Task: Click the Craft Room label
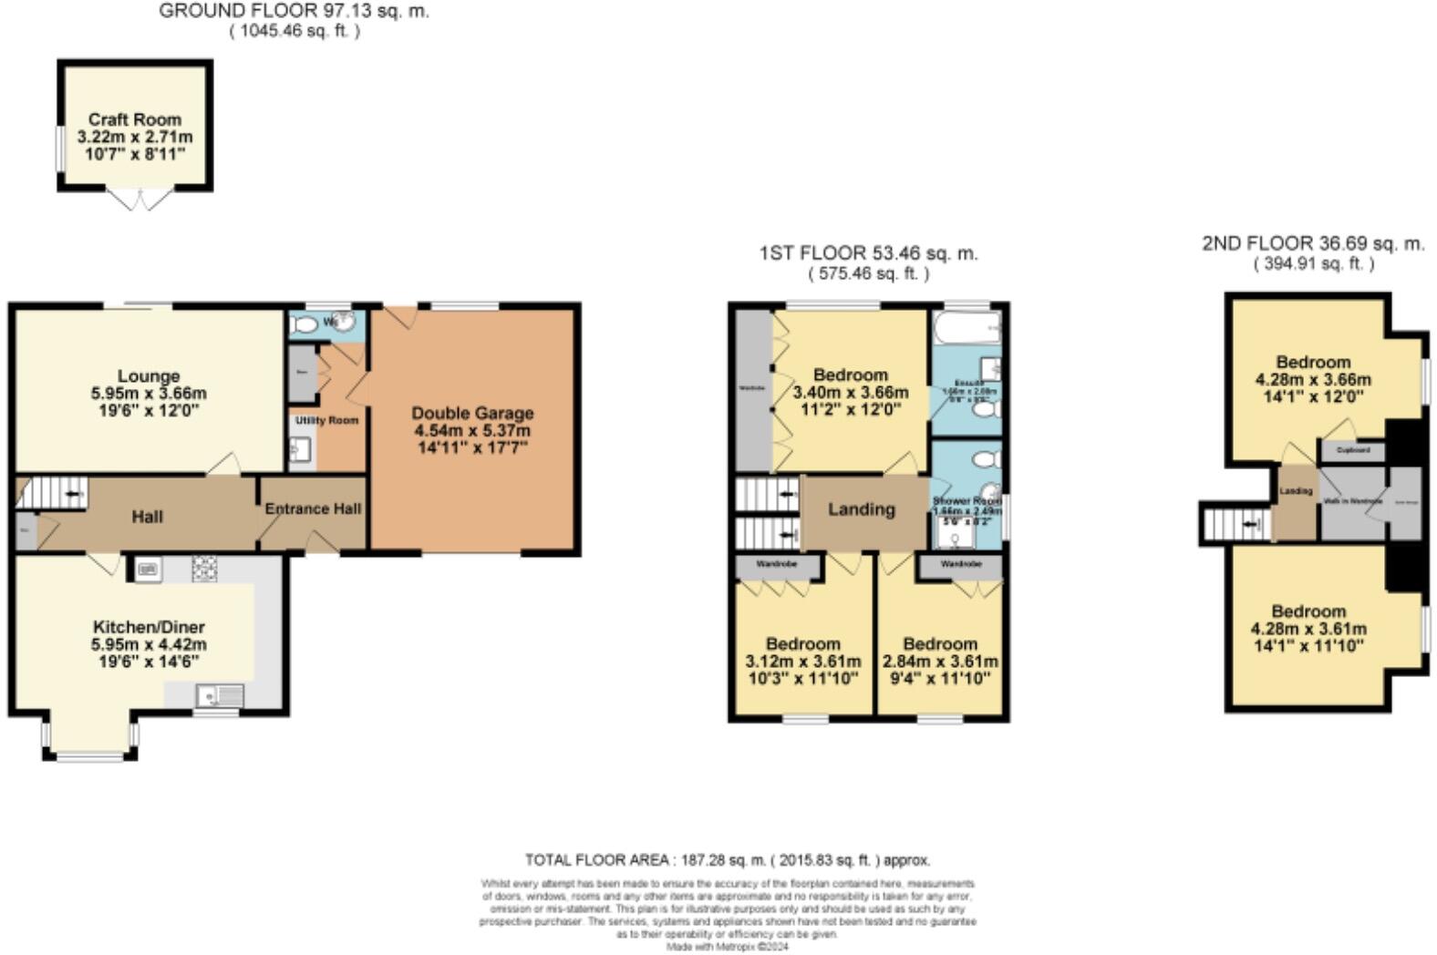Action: (134, 119)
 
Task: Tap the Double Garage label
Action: (471, 413)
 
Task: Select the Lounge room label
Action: (149, 375)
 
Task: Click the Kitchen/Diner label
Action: (149, 627)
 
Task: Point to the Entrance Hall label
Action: (313, 508)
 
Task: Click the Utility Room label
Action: (326, 420)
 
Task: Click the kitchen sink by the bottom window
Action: (220, 696)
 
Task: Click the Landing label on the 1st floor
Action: (861, 509)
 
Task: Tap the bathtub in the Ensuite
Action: (967, 325)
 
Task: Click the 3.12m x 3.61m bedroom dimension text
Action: (802, 662)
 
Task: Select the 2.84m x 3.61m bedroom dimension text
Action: (940, 662)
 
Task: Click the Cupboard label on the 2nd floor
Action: (1352, 450)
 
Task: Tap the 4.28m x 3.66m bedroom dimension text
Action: (1313, 380)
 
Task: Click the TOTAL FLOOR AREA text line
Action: (727, 859)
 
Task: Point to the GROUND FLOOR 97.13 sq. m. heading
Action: (294, 12)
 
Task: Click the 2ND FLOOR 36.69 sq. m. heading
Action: (1312, 243)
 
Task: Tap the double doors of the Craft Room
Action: (140, 200)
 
